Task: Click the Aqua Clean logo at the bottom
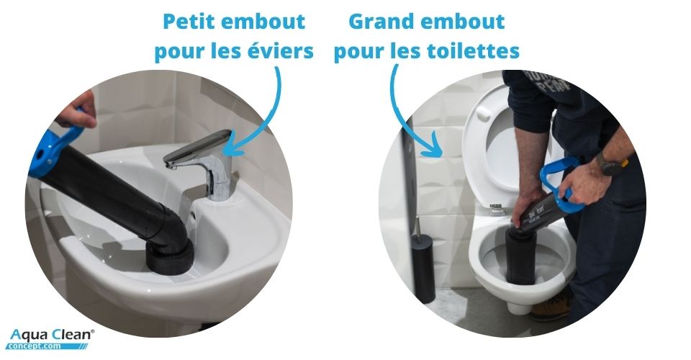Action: click(51, 338)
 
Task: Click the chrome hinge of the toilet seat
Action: click(496, 209)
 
